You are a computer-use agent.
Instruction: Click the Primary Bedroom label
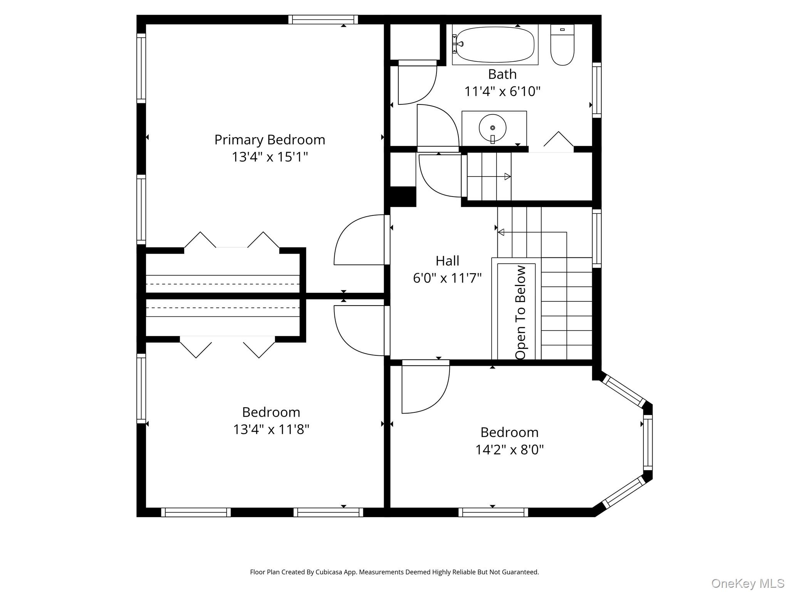[x=270, y=140]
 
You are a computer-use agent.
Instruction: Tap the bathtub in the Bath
[x=495, y=44]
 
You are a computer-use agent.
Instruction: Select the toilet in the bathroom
[x=562, y=45]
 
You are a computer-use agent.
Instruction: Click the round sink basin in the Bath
[x=492, y=127]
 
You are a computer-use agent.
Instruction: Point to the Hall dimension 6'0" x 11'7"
[x=447, y=278]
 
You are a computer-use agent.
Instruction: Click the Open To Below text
[x=520, y=312]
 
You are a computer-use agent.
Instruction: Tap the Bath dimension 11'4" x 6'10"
[x=502, y=91]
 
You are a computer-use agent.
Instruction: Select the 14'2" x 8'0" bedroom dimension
[x=509, y=449]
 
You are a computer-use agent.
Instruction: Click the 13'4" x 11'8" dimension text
[x=271, y=429]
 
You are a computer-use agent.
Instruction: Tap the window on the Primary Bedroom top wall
[x=323, y=19]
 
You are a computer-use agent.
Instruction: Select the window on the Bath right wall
[x=596, y=90]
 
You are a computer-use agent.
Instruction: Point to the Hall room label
[x=447, y=261]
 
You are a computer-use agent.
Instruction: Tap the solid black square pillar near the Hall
[x=403, y=197]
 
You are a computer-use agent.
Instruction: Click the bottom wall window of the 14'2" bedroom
[x=493, y=512]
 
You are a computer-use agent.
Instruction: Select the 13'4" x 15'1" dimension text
[x=270, y=157]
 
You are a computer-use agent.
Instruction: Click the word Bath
[x=502, y=74]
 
